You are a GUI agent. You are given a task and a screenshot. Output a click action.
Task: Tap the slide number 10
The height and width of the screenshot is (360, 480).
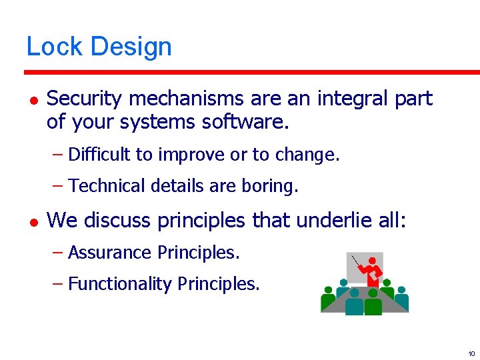click(x=471, y=353)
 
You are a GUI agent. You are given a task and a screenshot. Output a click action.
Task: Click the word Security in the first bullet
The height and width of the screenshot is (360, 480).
click(x=85, y=99)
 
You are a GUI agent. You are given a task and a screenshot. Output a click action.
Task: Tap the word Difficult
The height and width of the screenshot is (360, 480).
click(x=99, y=155)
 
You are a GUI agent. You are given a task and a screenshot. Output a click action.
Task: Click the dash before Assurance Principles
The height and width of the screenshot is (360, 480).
click(x=58, y=253)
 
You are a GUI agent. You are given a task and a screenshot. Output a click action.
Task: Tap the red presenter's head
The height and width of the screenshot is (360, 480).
click(x=372, y=261)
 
